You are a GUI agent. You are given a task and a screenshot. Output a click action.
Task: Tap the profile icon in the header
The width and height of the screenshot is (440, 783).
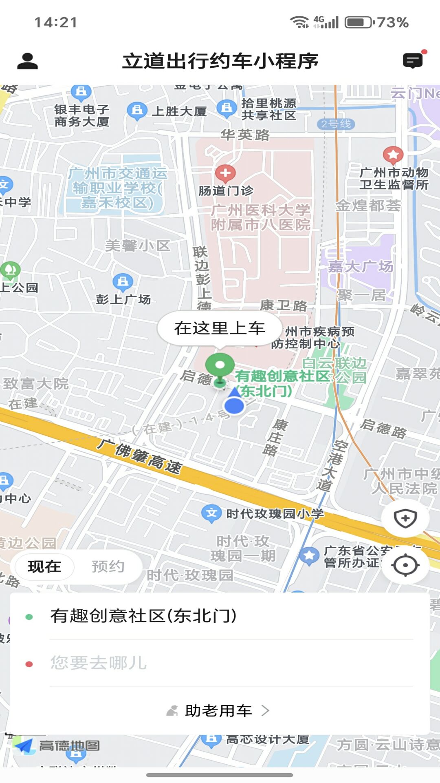click(27, 61)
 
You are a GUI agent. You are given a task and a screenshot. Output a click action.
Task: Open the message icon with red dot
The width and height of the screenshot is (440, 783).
click(413, 61)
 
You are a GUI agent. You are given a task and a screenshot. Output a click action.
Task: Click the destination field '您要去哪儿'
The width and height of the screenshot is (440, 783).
click(98, 663)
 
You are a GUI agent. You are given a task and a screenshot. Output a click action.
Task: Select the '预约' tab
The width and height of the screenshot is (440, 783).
click(108, 566)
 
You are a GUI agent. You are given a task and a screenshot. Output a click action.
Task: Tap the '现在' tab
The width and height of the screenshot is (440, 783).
click(44, 566)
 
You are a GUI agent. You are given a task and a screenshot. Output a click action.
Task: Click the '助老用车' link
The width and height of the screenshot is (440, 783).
click(218, 711)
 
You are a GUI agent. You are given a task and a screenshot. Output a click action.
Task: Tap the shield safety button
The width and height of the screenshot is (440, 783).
click(405, 519)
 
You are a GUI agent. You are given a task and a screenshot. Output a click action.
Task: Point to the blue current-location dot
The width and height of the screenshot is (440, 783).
click(234, 405)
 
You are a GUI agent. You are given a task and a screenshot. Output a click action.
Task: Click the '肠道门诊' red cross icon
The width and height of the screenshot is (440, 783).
click(225, 173)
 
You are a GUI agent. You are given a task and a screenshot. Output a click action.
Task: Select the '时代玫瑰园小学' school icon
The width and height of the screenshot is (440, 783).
click(211, 513)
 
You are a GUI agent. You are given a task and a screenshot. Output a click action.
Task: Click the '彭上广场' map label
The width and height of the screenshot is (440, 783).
click(123, 299)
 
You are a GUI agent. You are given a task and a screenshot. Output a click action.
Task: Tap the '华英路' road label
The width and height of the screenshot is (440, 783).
click(245, 135)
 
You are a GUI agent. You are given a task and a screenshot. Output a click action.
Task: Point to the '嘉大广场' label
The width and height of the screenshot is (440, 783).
click(361, 267)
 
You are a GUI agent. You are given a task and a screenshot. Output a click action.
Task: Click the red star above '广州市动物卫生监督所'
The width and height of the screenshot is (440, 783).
click(393, 155)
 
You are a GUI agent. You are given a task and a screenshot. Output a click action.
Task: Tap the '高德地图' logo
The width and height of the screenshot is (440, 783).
click(57, 745)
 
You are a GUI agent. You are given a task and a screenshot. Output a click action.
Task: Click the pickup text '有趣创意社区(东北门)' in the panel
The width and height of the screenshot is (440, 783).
click(143, 616)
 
